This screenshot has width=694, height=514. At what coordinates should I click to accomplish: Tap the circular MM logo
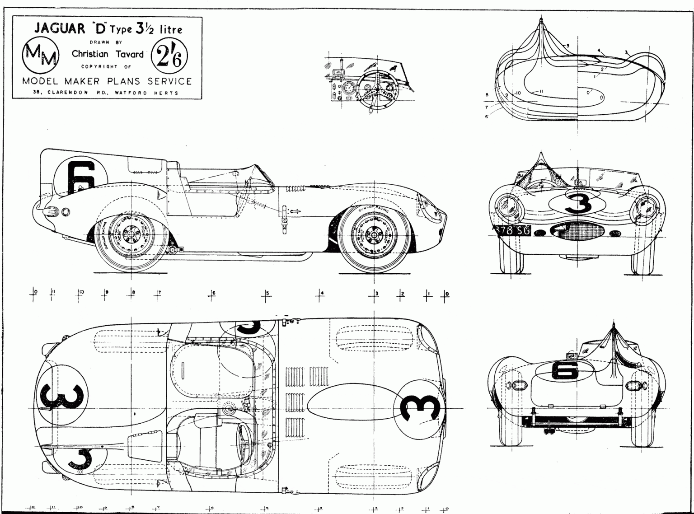tap(41, 55)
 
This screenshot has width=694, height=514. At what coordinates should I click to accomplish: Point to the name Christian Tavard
tap(108, 54)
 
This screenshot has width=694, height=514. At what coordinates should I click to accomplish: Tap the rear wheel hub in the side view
tap(130, 234)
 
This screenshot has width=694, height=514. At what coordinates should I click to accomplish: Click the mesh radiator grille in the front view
tap(581, 232)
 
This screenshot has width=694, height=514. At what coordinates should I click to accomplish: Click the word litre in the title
tap(170, 30)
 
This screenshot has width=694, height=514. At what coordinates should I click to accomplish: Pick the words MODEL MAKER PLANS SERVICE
tap(107, 81)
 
